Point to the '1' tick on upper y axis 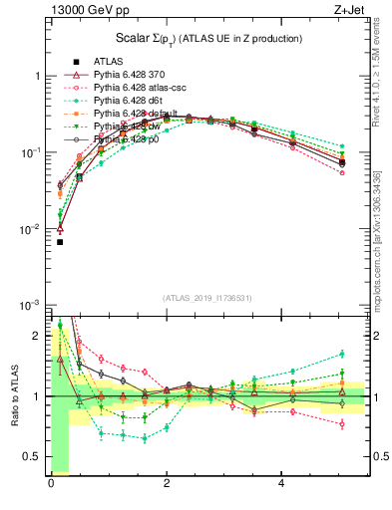[x=37, y=76]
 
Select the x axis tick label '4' [x=282, y=485]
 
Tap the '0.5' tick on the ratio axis [x=31, y=457]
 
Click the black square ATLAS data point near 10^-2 [x=59, y=242]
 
